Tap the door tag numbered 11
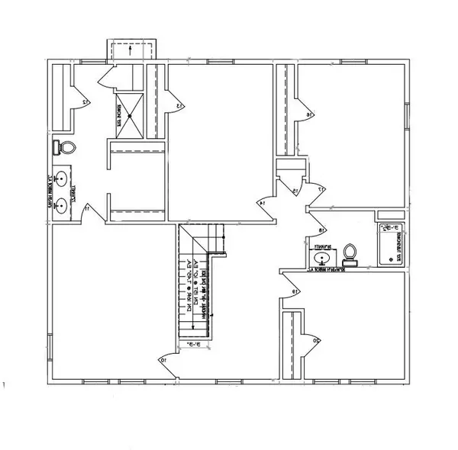(x=88, y=207)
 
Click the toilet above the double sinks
(x=64, y=148)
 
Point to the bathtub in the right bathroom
(x=389, y=244)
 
